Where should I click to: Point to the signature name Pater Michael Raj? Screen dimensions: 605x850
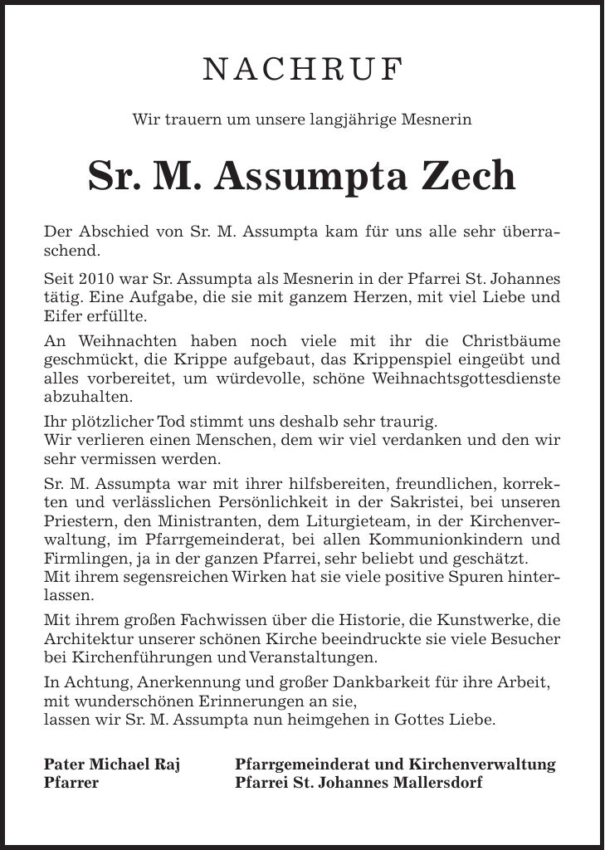click(x=112, y=763)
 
